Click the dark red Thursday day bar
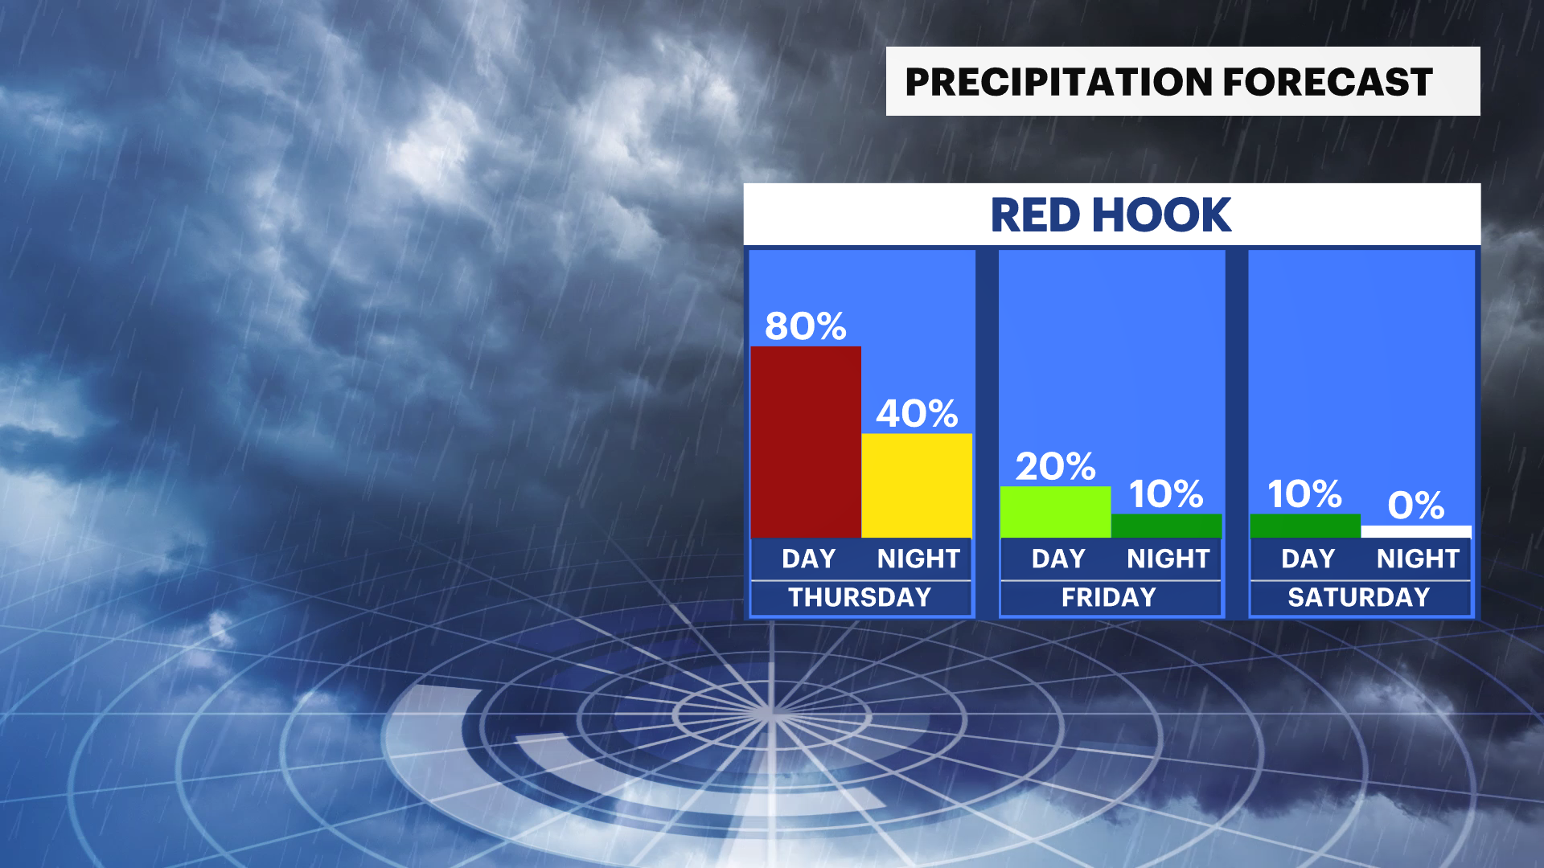[806, 442]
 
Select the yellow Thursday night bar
[917, 485]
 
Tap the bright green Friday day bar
[1056, 512]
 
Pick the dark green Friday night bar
[1167, 526]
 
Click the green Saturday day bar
[1305, 526]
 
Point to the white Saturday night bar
[1416, 531]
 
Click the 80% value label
[806, 326]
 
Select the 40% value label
[917, 414]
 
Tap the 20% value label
[1056, 466]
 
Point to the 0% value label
[1416, 506]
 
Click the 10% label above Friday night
[1166, 494]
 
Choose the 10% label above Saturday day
[1304, 494]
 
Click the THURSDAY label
[860, 597]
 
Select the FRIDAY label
[1109, 597]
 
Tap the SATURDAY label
[1359, 597]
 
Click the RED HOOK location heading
[1111, 215]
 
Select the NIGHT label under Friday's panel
[1168, 559]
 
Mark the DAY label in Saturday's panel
[1308, 559]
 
